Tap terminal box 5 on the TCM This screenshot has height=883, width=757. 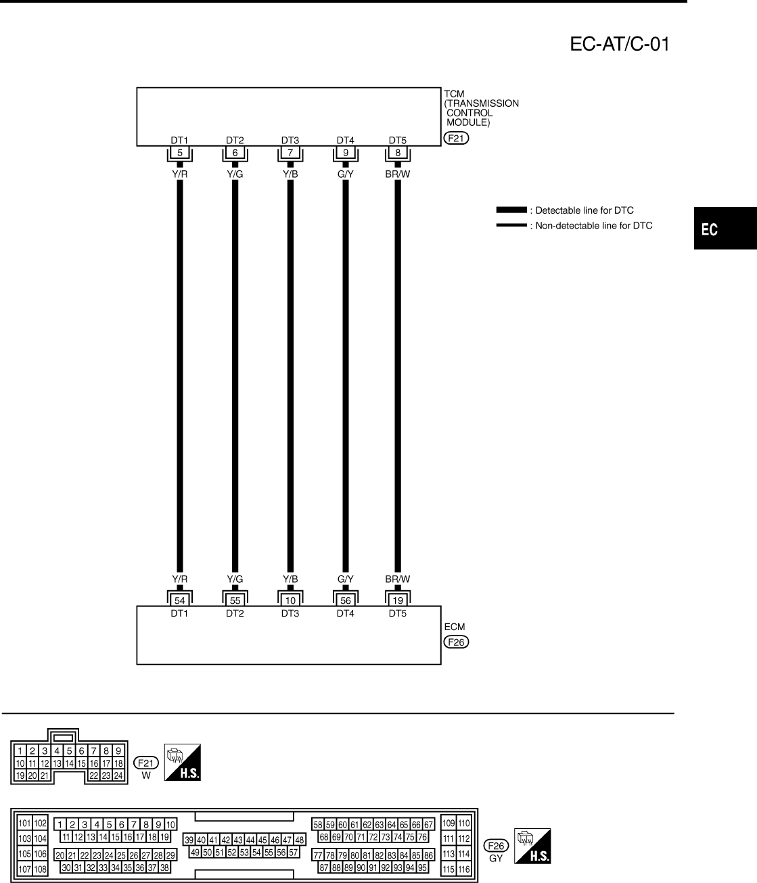click(180, 153)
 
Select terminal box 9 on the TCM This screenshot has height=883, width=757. click(346, 153)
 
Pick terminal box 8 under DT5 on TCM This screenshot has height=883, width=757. click(398, 153)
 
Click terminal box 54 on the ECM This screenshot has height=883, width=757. click(180, 600)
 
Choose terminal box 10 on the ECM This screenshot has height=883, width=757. click(290, 600)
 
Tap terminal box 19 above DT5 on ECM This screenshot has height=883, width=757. click(398, 600)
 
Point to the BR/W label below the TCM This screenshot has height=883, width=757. click(398, 174)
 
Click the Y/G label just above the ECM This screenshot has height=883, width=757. click(235, 579)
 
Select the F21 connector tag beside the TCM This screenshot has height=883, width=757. click(456, 139)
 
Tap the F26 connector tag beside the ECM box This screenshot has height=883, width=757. click(456, 642)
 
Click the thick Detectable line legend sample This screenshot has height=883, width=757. click(511, 210)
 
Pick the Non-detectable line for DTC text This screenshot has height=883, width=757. click(593, 226)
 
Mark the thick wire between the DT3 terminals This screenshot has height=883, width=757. click(290, 372)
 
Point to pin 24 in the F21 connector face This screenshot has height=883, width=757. click(118, 775)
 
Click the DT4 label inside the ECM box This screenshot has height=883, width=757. click(346, 613)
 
